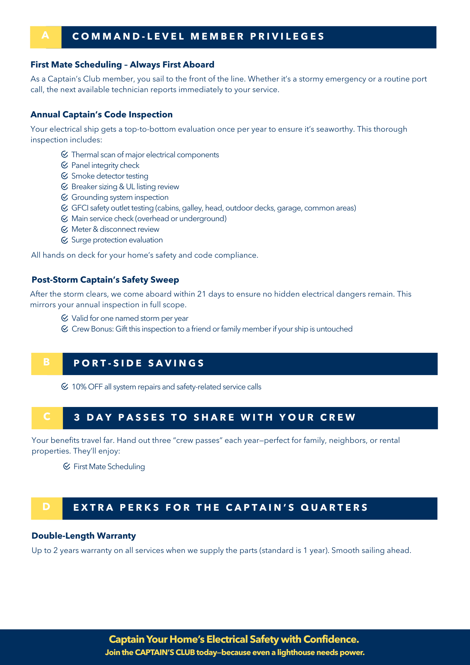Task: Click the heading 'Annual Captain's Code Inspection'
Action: [101, 115]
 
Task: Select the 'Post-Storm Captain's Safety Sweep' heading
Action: [105, 280]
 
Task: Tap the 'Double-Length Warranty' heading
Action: [84, 536]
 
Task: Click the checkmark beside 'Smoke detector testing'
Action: [64, 176]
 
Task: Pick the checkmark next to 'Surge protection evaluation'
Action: [64, 240]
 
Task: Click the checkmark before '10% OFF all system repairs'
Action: [65, 387]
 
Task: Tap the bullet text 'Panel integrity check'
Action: [105, 166]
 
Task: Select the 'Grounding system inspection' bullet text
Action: [120, 198]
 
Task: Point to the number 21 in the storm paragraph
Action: [202, 294]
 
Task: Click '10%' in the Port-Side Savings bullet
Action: [79, 387]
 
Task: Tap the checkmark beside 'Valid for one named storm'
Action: [65, 318]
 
